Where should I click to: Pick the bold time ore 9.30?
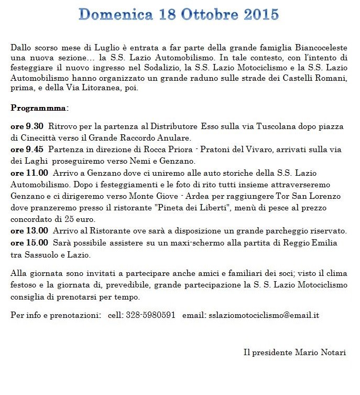pos(27,127)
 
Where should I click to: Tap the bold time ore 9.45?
pos(27,150)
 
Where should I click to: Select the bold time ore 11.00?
pos(29,172)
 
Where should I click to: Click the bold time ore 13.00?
pos(29,230)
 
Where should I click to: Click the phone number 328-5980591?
pos(150,315)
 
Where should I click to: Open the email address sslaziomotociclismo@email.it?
pos(264,315)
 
